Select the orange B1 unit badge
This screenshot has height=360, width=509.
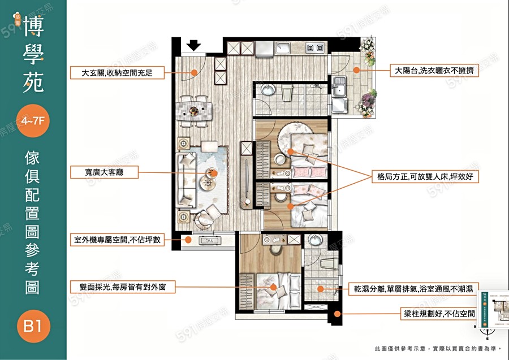[x=33, y=326]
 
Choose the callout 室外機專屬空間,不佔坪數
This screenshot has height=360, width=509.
[x=117, y=240]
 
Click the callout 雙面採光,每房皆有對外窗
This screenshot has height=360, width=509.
[x=122, y=287]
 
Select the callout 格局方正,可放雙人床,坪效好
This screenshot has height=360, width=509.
[x=425, y=177]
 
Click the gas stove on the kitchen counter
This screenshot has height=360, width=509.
[x=316, y=48]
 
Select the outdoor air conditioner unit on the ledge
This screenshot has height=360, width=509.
[x=210, y=241]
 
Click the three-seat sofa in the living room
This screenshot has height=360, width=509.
[x=185, y=179]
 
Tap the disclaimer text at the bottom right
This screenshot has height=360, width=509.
[x=435, y=349]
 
